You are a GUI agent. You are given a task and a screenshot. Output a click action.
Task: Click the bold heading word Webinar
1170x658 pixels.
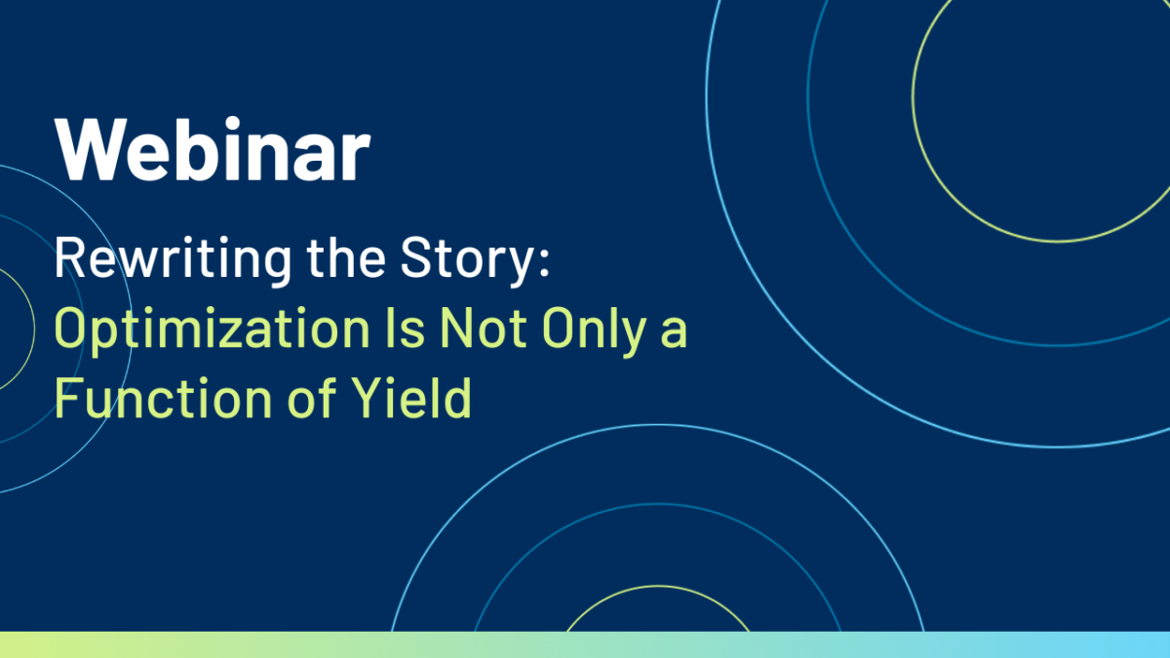coord(213,150)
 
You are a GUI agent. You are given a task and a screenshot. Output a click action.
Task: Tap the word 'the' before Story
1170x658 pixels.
coord(346,257)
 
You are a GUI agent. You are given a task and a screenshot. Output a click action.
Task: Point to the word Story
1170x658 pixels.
coord(466,261)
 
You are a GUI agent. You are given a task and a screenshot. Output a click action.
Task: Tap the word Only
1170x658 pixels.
coord(595,331)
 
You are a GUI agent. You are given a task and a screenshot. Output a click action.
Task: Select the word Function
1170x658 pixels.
coord(164,398)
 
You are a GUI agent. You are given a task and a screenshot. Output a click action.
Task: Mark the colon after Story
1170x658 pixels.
coord(545,262)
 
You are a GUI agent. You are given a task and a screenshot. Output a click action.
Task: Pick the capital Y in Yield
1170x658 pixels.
coord(366,398)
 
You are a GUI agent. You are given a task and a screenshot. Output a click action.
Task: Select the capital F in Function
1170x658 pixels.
coord(68,398)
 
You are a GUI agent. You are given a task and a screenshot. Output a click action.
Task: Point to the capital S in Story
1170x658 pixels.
coord(415,257)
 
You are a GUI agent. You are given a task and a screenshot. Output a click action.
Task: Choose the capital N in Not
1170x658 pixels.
coord(455,328)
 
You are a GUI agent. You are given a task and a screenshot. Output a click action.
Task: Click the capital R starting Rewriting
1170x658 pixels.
coord(69,257)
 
